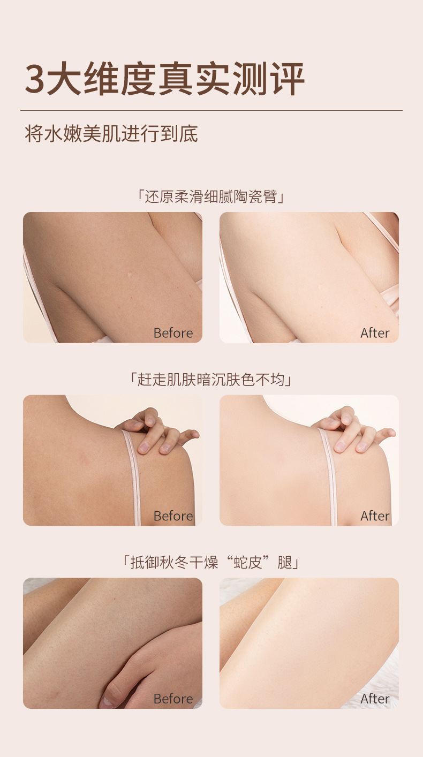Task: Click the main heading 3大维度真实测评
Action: (x=165, y=79)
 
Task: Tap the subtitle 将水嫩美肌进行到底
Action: (x=111, y=134)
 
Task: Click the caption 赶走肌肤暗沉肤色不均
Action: (x=211, y=380)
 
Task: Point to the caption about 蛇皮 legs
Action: (x=211, y=563)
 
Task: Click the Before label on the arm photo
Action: (x=173, y=333)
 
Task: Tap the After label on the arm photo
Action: (x=375, y=333)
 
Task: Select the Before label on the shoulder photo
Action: (x=173, y=516)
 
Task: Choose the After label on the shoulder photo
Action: (x=375, y=516)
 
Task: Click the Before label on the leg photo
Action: (x=173, y=699)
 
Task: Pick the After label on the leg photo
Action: (x=375, y=699)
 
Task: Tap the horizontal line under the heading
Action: (x=211, y=111)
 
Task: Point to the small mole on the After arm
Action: (x=321, y=287)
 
